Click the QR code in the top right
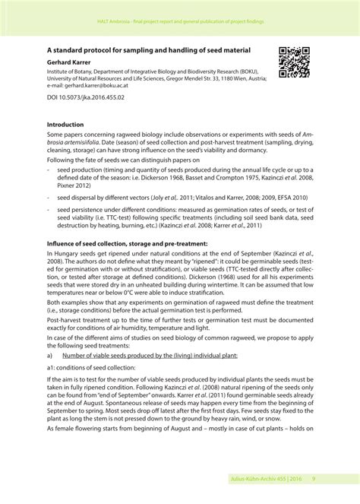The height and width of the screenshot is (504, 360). coord(295,62)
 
